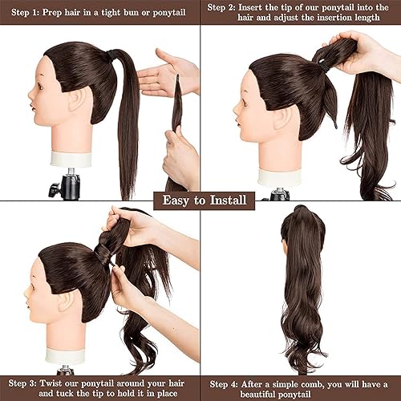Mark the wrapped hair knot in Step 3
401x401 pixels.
pos(105,250)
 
